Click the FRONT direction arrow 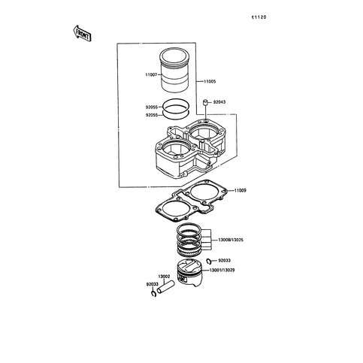(x=82, y=33)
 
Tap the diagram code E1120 (x=259, y=17)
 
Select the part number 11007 (x=151, y=74)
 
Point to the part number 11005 (x=210, y=81)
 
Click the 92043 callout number (x=219, y=102)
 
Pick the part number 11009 (x=240, y=190)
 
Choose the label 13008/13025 (x=231, y=240)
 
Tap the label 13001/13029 (x=222, y=271)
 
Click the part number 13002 (x=164, y=277)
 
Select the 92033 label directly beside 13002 (x=153, y=284)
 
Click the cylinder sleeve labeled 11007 (x=175, y=70)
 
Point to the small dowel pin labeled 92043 (x=205, y=102)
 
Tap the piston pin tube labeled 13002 (x=165, y=287)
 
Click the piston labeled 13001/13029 (x=189, y=274)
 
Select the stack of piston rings (x=189, y=240)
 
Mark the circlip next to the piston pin (x=153, y=294)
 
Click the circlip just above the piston (x=209, y=262)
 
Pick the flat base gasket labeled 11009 (x=192, y=201)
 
